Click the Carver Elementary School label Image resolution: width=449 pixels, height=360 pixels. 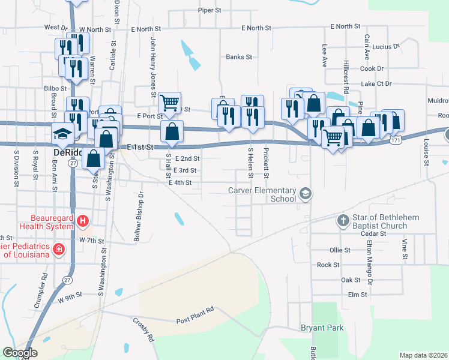click(262, 194)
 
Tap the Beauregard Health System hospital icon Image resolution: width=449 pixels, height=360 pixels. click(83, 222)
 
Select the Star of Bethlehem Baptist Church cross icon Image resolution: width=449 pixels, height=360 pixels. click(343, 221)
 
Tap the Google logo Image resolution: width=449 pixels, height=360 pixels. click(19, 353)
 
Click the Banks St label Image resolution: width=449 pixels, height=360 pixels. click(239, 57)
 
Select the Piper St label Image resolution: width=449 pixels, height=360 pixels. click(210, 10)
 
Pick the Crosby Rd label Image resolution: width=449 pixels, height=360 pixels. click(143, 329)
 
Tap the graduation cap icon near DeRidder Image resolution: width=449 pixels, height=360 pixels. click(62, 133)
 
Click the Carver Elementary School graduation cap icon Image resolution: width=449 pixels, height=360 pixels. click(306, 193)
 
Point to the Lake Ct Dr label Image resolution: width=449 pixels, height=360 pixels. click(376, 84)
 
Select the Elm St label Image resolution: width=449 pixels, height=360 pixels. click(357, 295)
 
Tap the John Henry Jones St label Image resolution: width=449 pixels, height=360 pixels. click(153, 67)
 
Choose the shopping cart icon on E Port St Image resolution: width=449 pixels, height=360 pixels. click(170, 103)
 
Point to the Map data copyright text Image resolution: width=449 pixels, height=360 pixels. click(423, 355)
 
